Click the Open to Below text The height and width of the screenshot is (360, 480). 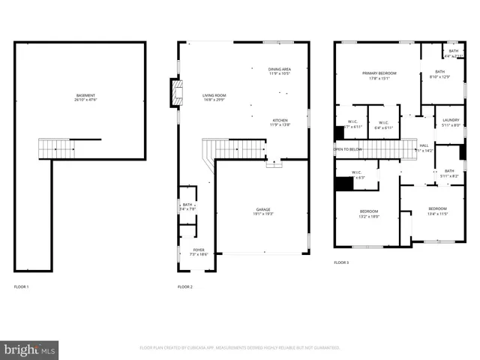(348, 149)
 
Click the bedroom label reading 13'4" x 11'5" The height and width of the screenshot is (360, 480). (437, 211)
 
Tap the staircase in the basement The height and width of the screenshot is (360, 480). (57, 148)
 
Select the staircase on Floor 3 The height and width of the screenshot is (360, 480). (388, 149)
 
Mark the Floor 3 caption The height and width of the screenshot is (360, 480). (341, 262)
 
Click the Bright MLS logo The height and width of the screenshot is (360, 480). (30, 350)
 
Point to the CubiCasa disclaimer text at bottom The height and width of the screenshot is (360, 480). (240, 348)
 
